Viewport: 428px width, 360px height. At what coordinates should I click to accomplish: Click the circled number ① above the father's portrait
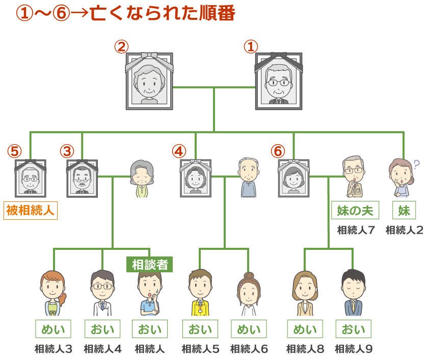(250, 47)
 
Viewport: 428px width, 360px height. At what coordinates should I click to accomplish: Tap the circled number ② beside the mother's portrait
(120, 47)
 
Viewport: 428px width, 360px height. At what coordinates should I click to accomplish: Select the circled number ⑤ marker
(15, 151)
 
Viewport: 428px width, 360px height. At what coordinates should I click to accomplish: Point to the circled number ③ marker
(67, 151)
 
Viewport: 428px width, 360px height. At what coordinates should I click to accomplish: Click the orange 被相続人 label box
(31, 210)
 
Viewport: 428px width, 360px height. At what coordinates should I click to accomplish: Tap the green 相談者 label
(149, 264)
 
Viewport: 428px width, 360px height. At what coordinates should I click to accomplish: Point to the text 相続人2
(404, 230)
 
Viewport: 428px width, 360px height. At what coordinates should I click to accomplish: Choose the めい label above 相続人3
(53, 329)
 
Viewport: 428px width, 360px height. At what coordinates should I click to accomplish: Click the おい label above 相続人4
(102, 329)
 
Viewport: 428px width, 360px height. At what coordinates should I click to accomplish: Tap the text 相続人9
(354, 349)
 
